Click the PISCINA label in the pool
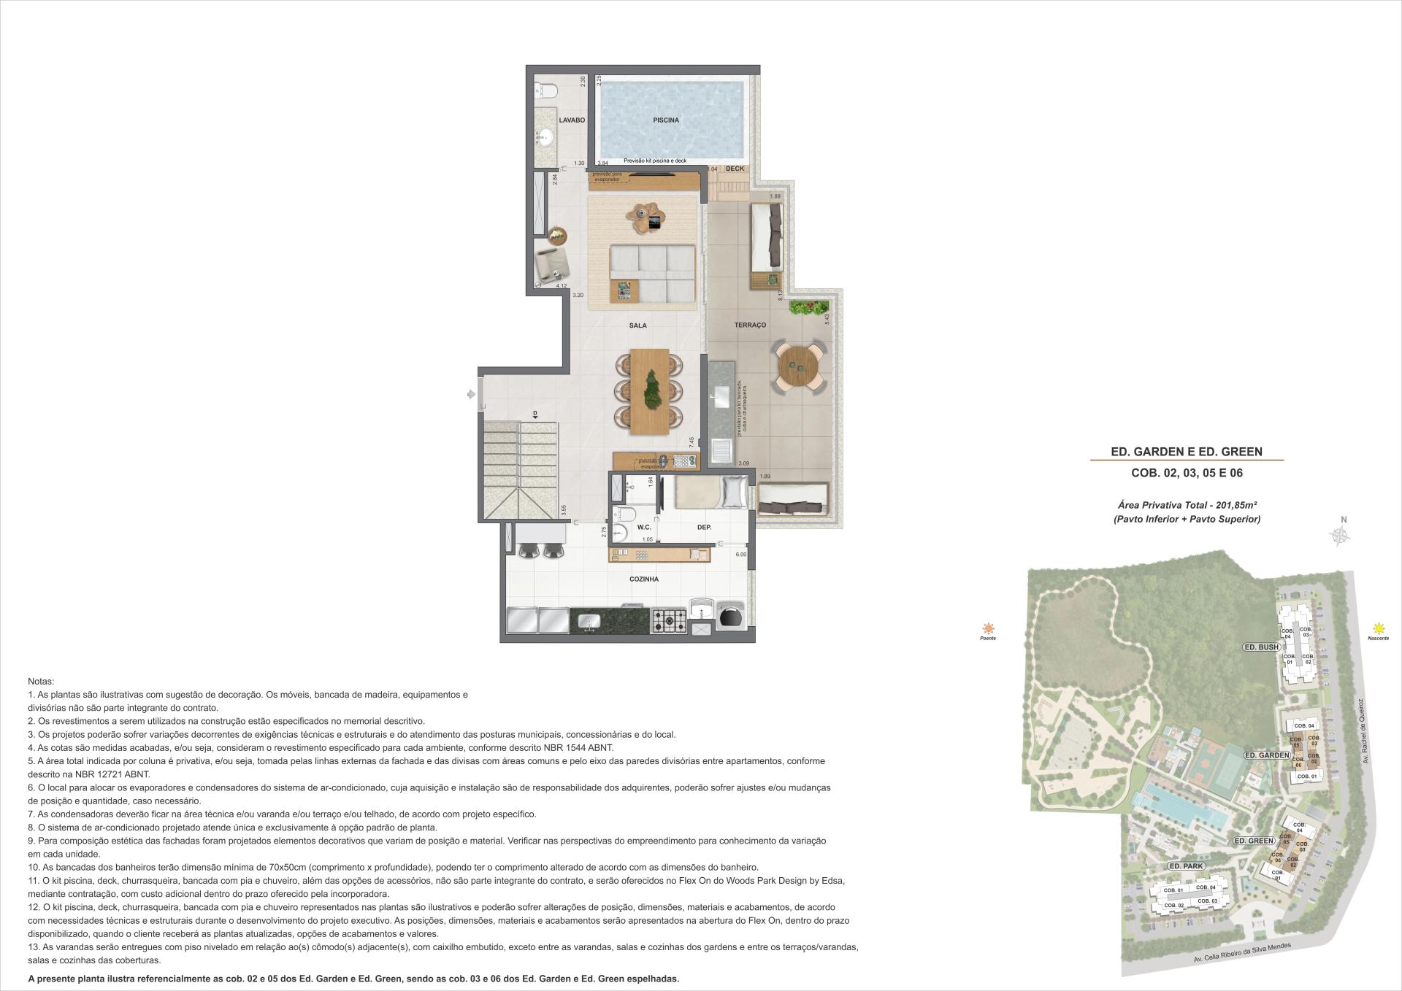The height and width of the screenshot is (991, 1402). [665, 120]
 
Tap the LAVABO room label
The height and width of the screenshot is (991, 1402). [572, 120]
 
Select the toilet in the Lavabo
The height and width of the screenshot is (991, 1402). [546, 90]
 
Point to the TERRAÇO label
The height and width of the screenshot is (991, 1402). [750, 325]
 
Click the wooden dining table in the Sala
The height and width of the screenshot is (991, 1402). [649, 391]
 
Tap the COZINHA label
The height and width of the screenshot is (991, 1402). [644, 579]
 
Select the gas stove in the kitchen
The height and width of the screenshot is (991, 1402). [668, 620]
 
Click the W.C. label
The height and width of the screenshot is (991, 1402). [643, 527]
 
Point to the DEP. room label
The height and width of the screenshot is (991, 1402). [704, 527]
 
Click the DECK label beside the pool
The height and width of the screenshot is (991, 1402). [735, 169]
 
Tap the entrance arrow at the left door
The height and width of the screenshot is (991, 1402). [472, 394]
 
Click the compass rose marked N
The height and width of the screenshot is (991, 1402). [1341, 535]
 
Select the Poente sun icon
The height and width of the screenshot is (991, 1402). [988, 628]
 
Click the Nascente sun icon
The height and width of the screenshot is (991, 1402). [1378, 628]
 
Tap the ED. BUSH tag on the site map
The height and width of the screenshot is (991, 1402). [1261, 647]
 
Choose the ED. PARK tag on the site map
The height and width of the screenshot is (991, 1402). [1186, 865]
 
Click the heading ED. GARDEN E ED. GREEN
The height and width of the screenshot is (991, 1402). [1186, 452]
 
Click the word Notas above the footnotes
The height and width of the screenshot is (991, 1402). [40, 681]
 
